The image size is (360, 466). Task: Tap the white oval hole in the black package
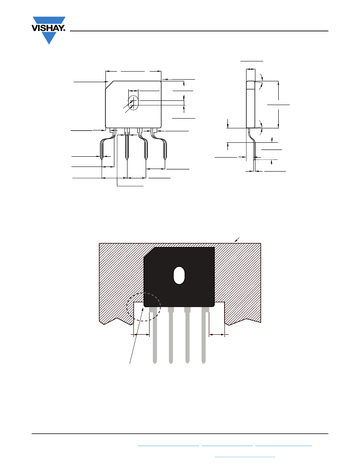(x=179, y=275)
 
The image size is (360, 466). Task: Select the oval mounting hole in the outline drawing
(x=134, y=103)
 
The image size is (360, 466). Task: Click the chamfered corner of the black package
(x=149, y=252)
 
